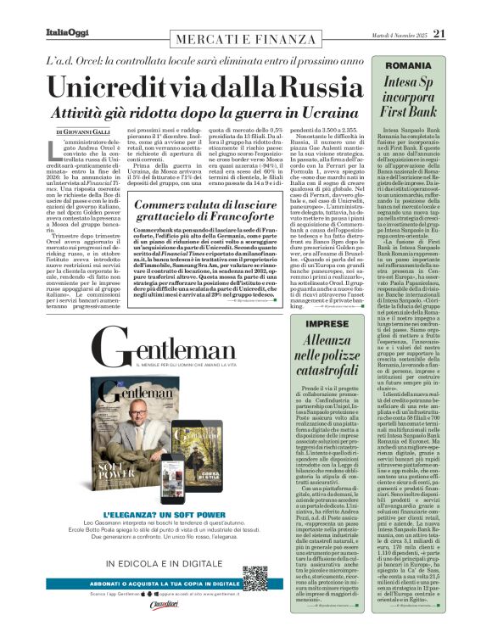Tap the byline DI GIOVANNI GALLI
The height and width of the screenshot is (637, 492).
85,132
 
